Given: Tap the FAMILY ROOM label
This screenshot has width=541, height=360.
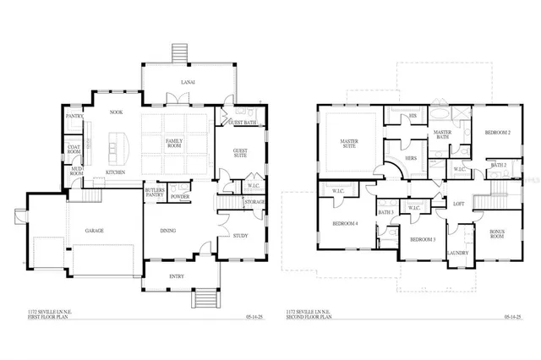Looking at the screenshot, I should (x=175, y=143).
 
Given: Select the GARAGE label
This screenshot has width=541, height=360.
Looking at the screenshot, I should (x=93, y=230).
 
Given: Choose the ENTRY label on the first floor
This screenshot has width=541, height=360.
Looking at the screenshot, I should (x=177, y=275).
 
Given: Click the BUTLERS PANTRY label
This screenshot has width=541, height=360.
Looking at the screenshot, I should (x=155, y=194).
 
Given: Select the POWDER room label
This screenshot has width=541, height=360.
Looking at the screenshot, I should (x=179, y=196).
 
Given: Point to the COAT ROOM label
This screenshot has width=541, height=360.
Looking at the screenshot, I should (x=74, y=151).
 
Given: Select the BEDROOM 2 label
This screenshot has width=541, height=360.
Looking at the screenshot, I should (x=496, y=133).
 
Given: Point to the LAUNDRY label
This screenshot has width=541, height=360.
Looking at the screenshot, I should (x=458, y=253).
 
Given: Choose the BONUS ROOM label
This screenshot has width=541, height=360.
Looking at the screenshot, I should (x=497, y=235).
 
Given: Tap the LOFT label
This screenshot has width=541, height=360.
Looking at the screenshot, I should (x=458, y=204).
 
